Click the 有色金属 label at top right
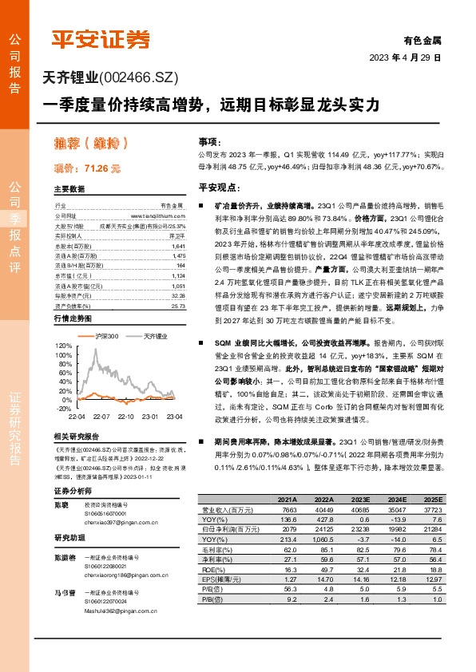(x=422, y=40)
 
